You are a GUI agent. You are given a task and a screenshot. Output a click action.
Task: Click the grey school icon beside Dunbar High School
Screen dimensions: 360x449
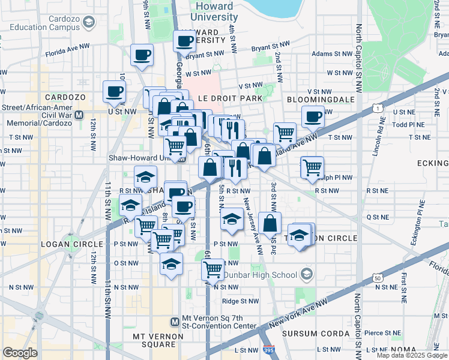coord(307,275)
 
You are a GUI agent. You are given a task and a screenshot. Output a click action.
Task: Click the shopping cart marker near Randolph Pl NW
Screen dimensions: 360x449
coord(312,167)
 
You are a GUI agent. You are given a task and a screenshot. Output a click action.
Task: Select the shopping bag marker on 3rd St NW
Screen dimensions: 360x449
coord(270,223)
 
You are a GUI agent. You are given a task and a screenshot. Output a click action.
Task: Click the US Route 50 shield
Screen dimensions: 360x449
coord(377,278)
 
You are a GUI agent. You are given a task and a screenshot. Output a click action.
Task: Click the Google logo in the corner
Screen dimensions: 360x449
coord(20,353)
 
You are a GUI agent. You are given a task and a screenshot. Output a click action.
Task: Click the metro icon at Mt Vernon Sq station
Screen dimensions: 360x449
coord(175,321)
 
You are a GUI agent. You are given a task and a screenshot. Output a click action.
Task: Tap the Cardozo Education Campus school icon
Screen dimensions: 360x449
coord(88,22)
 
